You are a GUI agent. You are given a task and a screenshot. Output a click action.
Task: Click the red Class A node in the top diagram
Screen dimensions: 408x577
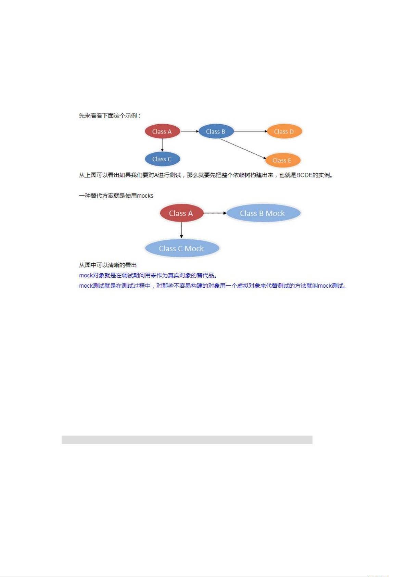[162, 131]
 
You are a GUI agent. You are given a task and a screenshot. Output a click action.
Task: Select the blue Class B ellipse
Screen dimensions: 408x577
[216, 131]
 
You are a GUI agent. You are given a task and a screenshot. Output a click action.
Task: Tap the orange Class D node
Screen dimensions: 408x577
[284, 131]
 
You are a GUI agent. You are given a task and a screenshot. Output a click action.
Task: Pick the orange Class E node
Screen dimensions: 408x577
[282, 160]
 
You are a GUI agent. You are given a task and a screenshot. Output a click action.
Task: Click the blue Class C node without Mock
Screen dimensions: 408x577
[162, 159]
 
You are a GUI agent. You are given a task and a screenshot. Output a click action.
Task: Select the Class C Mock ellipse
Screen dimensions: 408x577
[182, 248]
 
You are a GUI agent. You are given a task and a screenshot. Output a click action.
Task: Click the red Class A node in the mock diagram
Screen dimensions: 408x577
[181, 213]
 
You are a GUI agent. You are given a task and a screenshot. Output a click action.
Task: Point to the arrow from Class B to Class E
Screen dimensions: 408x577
[242, 148]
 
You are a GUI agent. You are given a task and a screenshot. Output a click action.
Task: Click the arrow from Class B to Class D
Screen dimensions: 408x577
[251, 131]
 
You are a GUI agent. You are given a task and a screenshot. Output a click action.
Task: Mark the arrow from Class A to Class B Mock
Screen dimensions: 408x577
[215, 213]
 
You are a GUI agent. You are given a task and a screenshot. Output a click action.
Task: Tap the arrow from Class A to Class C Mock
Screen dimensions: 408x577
[181, 230]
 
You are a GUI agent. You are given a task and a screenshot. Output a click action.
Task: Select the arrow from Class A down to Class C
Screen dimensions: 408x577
[162, 145]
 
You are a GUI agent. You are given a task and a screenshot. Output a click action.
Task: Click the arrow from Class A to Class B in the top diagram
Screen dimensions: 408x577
[190, 131]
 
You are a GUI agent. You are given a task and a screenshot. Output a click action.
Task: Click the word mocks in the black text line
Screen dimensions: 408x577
[145, 196]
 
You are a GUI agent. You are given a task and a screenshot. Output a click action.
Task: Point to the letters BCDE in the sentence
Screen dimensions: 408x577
[304, 175]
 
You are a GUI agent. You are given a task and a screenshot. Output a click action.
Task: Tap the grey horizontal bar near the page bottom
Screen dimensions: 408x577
[187, 440]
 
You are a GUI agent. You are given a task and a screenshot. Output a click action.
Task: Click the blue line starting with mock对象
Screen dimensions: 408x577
[148, 275]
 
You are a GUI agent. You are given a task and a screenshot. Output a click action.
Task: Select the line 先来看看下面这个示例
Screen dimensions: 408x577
[110, 116]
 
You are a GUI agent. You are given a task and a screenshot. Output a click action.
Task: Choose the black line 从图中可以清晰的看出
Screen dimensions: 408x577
[107, 265]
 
